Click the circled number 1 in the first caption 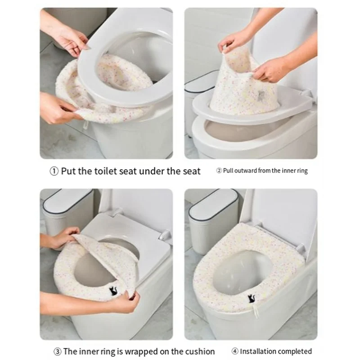(54, 171)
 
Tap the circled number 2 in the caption (219, 171)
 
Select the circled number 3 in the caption (58, 351)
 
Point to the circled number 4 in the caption (234, 351)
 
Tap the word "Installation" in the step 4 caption (258, 351)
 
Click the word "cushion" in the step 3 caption (200, 351)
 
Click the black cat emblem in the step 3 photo (113, 291)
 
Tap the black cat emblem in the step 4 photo (251, 298)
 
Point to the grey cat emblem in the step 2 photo (261, 94)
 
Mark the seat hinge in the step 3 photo (165, 235)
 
